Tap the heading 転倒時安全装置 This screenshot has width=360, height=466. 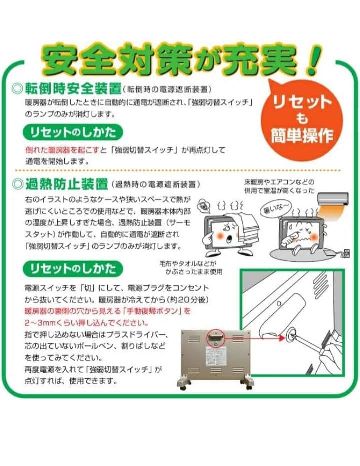click(x=73, y=90)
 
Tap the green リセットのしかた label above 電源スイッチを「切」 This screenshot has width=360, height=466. click(x=72, y=269)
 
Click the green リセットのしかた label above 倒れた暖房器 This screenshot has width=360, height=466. click(x=73, y=132)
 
